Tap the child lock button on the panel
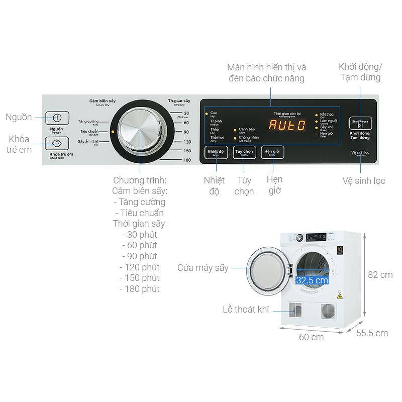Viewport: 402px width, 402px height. tap(56, 144)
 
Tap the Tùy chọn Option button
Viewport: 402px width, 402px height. tap(245, 153)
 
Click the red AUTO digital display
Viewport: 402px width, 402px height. tap(287, 126)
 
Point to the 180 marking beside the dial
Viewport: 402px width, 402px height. tap(186, 160)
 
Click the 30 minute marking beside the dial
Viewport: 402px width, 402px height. tap(186, 114)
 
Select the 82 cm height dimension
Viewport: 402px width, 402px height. tap(380, 275)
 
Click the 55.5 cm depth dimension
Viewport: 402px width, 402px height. tap(372, 333)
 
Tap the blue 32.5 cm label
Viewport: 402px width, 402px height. tap(312, 280)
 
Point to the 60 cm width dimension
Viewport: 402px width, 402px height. tap(312, 337)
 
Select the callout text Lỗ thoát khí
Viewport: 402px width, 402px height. tap(246, 310)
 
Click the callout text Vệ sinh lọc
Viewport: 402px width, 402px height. tap(364, 181)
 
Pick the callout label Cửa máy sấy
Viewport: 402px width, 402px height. tap(203, 268)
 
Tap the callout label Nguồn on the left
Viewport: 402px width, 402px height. tap(19, 118)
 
